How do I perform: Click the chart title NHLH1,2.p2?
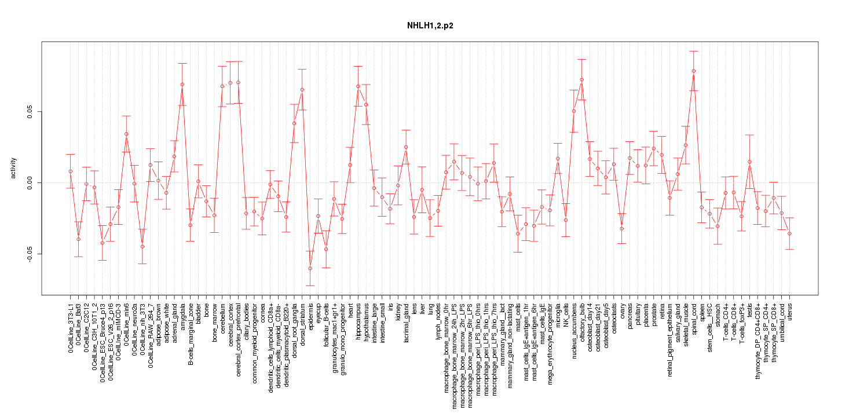coord(429,26)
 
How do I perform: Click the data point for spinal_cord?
coord(693,71)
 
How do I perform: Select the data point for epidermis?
coord(310,268)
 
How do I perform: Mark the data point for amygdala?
coord(182,84)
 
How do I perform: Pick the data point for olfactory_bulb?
coord(581,79)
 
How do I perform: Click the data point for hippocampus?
coord(358,86)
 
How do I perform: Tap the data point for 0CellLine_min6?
coord(126,134)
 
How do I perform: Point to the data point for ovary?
coord(621,228)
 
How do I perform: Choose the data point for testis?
coord(749,162)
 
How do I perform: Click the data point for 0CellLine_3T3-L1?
coord(70,171)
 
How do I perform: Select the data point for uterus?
coord(789,233)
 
